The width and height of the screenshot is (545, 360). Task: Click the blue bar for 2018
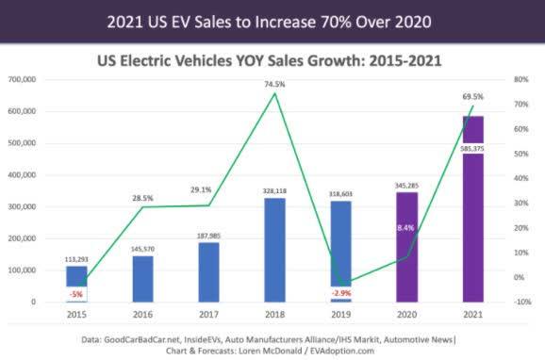point(274,250)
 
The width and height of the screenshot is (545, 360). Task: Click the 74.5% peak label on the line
point(274,83)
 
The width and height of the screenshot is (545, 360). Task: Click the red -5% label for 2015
point(77,293)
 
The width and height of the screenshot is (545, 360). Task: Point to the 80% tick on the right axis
point(510,79)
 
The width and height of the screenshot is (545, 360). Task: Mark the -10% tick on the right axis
point(510,302)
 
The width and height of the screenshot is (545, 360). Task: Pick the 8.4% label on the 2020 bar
point(405,227)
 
